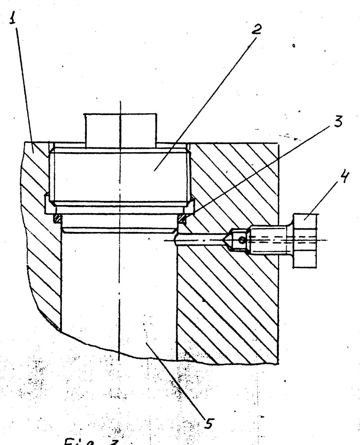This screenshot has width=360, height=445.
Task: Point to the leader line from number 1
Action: [x=24, y=87]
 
